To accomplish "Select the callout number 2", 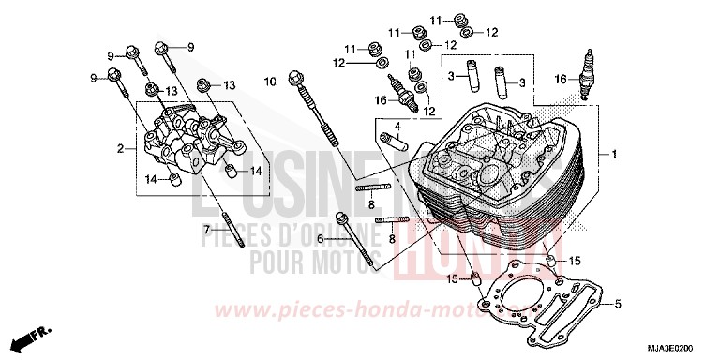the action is pyautogui.click(x=120, y=149).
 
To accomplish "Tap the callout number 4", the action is pyautogui.click(x=397, y=126).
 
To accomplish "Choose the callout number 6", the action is pyautogui.click(x=320, y=240).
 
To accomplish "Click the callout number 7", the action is pyautogui.click(x=206, y=230).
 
